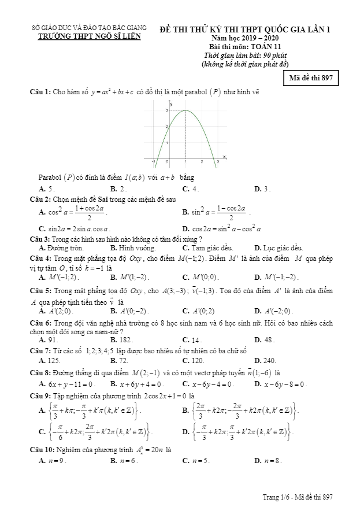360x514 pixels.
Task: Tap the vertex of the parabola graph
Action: click(185, 110)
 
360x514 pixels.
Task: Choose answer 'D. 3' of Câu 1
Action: click(263, 188)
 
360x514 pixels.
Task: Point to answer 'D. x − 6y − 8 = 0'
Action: click(280, 384)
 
